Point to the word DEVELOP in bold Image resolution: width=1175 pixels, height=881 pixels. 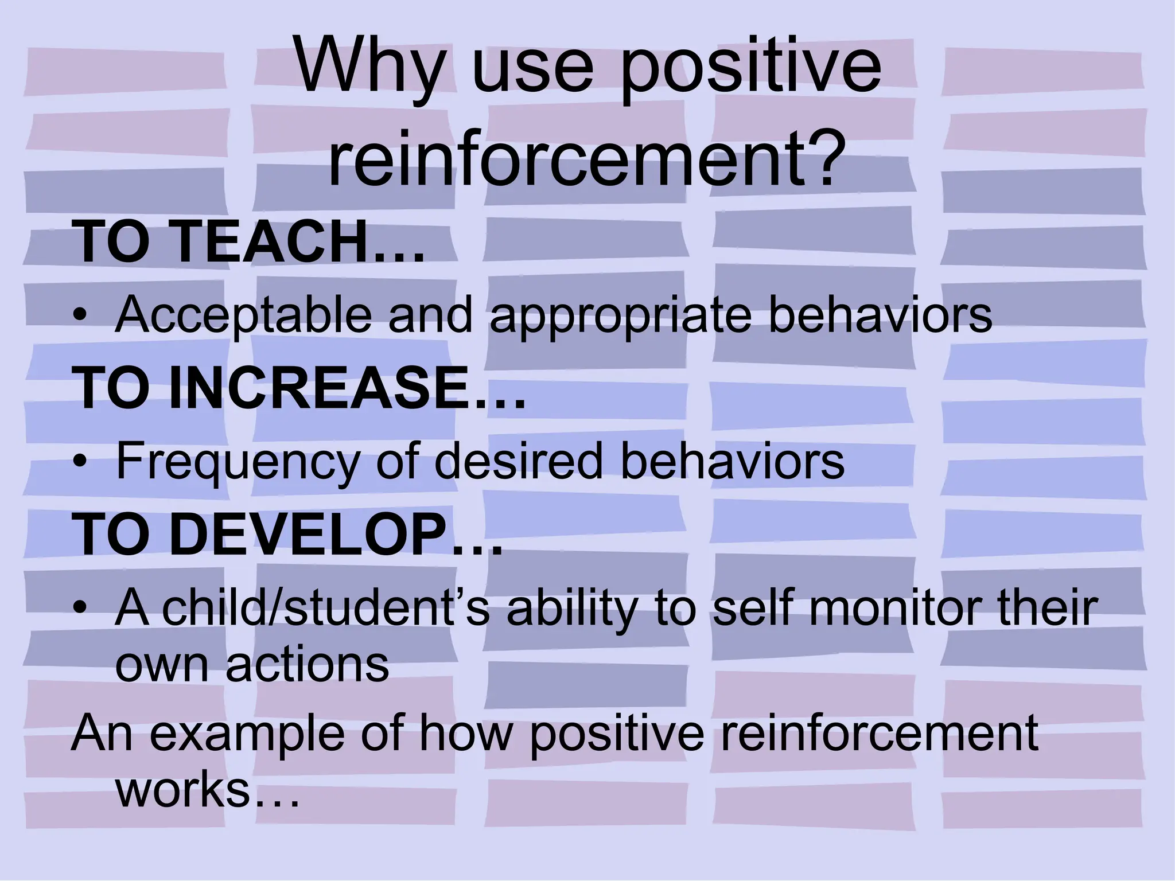click(307, 535)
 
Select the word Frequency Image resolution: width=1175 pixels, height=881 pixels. click(238, 462)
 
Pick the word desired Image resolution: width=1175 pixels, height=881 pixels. click(519, 461)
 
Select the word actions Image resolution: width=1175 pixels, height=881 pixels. click(308, 665)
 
